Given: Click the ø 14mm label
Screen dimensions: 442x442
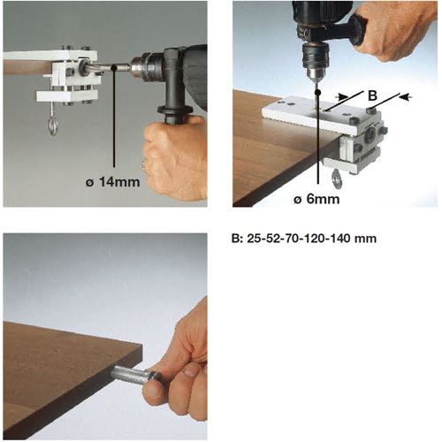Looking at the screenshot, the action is [x=113, y=182].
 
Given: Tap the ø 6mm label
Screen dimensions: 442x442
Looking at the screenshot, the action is [x=316, y=199].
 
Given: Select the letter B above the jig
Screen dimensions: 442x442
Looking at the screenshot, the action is [x=372, y=95].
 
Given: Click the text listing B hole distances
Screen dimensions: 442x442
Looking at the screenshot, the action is [x=304, y=238].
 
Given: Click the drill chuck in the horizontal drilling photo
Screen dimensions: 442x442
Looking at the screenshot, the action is [x=141, y=67].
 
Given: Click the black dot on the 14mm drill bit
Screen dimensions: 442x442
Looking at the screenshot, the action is [x=113, y=68].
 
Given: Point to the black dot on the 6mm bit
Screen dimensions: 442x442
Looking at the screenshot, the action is [x=317, y=93].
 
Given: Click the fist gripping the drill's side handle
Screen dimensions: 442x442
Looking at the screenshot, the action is [x=174, y=158].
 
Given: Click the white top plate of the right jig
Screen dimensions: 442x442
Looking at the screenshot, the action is [x=320, y=113].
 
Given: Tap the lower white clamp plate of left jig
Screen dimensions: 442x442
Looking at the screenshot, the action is [x=67, y=95].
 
